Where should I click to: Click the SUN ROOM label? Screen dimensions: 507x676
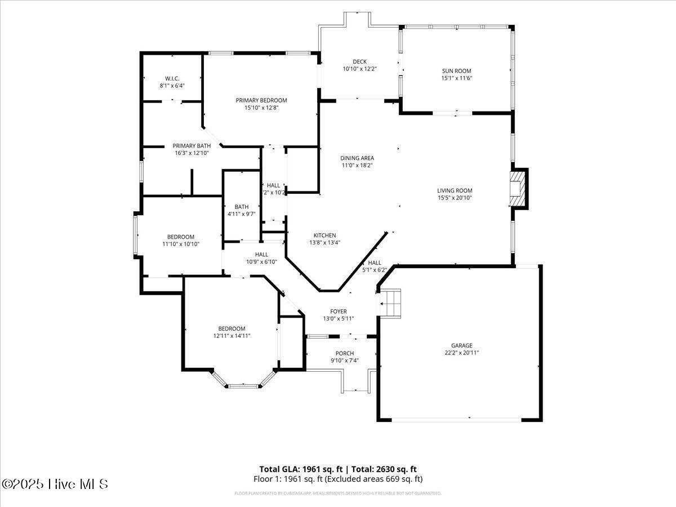456,71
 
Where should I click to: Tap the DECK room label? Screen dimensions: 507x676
359,62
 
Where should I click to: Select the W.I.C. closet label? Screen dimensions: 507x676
172,78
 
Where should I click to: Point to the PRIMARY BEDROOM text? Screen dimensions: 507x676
261,100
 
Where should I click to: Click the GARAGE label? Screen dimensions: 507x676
461,345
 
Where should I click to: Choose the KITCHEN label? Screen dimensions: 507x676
324,235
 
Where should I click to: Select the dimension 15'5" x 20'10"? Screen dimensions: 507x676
455,198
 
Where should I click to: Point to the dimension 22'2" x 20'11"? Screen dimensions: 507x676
461,353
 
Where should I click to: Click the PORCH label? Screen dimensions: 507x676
344,353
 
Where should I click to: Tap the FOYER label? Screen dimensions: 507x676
338,312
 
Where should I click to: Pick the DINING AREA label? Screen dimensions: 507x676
357,158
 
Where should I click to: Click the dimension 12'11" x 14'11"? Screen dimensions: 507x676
232,336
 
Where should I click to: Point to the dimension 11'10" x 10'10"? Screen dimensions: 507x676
180,244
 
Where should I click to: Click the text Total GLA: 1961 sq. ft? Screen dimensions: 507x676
299,469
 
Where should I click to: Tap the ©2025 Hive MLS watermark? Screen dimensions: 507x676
55,483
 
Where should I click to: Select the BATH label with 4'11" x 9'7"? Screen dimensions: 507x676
241,207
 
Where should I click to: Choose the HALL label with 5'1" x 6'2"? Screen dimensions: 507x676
375,263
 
